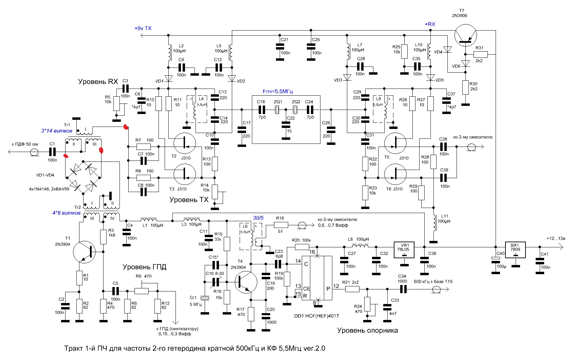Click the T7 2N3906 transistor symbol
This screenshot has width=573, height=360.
466,35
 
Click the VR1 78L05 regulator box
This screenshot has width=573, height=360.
404,250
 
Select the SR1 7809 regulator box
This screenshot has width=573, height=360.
515,250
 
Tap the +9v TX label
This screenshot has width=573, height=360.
143,28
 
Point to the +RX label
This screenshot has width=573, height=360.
430,24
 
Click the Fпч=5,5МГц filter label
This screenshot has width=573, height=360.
278,91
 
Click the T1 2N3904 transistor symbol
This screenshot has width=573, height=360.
84,252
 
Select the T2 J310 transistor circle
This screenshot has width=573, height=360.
184,144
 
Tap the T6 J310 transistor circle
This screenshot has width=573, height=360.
395,174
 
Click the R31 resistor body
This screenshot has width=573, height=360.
480,55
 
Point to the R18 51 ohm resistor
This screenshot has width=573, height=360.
281,225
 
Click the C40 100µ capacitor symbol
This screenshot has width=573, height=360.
496,260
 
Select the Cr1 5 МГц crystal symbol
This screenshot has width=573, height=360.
205,298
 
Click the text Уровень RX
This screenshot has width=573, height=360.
98,81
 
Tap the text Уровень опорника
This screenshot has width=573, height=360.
367,330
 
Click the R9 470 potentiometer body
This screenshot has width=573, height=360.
142,291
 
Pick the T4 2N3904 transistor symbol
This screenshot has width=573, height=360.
246,282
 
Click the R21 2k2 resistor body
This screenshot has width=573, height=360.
352,289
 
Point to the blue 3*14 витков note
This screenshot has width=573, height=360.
57,131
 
